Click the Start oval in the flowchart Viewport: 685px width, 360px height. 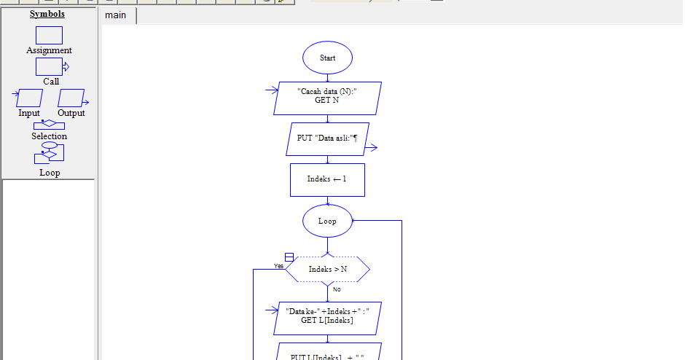click(327, 58)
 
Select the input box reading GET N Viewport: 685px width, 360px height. click(327, 98)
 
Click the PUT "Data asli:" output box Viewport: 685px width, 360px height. click(327, 138)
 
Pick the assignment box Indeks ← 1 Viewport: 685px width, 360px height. click(327, 179)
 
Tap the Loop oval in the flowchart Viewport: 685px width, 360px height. click(327, 221)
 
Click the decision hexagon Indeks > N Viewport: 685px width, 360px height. click(327, 270)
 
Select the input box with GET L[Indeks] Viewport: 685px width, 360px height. click(327, 318)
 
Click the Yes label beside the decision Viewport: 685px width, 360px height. click(278, 266)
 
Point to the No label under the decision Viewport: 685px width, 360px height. click(337, 289)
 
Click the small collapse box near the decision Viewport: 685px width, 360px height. click(289, 257)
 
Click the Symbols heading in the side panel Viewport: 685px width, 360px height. click(47, 14)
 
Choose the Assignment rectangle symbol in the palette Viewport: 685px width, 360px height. click(49, 35)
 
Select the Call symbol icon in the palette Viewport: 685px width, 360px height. click(50, 67)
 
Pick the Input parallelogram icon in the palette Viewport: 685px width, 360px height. click(29, 98)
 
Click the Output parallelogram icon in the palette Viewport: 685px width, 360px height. click(71, 98)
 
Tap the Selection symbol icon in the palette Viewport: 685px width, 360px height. click(49, 125)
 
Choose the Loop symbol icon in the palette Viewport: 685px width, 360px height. click(50, 154)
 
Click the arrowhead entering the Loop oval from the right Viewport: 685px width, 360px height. click(356, 220)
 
